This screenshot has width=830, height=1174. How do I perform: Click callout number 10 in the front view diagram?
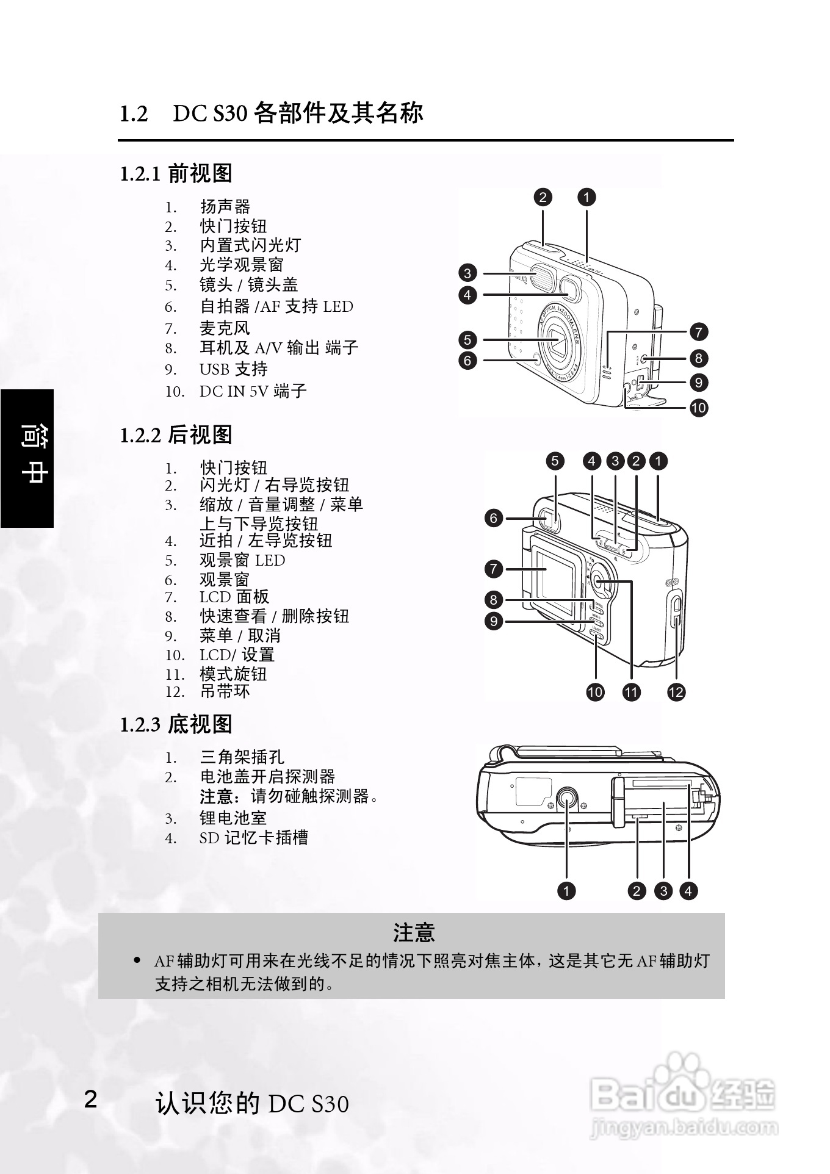coord(698,408)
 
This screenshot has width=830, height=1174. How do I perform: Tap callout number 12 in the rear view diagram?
coord(676,692)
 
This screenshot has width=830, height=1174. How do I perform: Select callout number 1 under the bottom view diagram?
coord(566,891)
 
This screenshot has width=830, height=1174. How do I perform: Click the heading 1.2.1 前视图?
coord(176,173)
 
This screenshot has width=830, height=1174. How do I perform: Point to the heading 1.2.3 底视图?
coord(176,724)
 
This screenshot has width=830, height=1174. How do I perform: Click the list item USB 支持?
coord(233,369)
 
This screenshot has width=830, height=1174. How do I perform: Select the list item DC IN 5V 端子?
coord(253,391)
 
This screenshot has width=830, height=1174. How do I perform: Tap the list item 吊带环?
coord(225,691)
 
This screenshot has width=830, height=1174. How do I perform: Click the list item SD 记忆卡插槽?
coord(253,838)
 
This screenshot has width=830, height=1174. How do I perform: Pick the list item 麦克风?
coord(225,328)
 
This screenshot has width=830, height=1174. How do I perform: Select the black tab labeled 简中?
coord(27,458)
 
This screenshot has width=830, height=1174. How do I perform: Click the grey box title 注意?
coord(413,933)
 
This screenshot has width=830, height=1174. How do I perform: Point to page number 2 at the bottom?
coord(90,1099)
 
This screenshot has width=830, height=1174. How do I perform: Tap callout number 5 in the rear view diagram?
coord(555,461)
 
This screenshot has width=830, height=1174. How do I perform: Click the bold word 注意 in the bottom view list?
coord(217,796)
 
